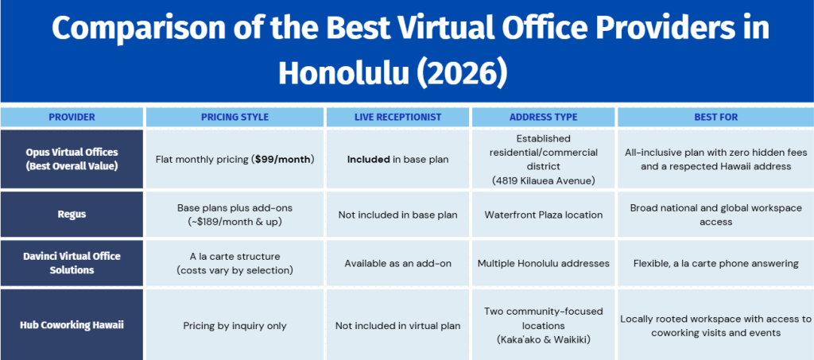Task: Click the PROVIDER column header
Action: [72, 118]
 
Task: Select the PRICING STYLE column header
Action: [235, 118]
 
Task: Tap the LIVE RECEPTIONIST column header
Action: [397, 118]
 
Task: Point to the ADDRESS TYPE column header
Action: [543, 118]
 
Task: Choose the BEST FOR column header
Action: [716, 118]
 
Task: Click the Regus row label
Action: [72, 215]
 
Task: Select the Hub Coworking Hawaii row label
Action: [72, 326]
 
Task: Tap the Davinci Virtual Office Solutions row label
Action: [72, 263]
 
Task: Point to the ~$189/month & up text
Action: [235, 221]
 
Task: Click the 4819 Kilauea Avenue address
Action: [543, 180]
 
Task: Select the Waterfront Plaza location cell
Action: [543, 215]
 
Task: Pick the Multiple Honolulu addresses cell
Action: [543, 264]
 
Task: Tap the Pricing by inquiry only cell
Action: [235, 327]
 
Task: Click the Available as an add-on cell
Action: [397, 264]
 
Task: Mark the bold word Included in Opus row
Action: [369, 159]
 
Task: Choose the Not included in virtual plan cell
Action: [397, 327]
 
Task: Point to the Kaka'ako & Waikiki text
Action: [543, 339]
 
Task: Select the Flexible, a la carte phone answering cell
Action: [716, 264]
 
